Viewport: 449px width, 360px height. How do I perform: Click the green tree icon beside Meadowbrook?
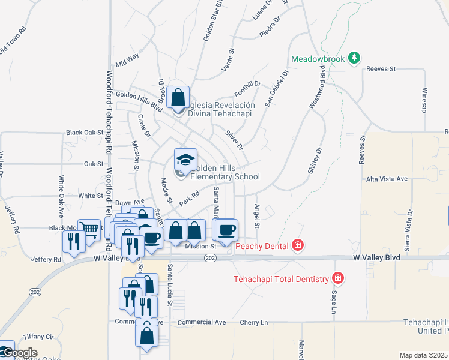tap(355, 58)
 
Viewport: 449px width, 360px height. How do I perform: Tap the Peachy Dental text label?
tap(263, 245)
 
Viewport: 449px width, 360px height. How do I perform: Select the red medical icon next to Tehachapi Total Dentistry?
tap(338, 278)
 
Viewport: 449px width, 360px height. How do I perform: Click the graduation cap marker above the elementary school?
tap(185, 160)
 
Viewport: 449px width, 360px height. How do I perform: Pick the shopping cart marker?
tap(89, 229)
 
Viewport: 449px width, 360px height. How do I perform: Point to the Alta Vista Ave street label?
tap(387, 179)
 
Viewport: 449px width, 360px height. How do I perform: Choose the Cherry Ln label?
tap(253, 322)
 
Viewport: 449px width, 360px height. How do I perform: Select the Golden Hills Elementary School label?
tap(224, 172)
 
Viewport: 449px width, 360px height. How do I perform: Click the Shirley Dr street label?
tap(315, 161)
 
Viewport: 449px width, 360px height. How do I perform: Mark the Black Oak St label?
tap(85, 132)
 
